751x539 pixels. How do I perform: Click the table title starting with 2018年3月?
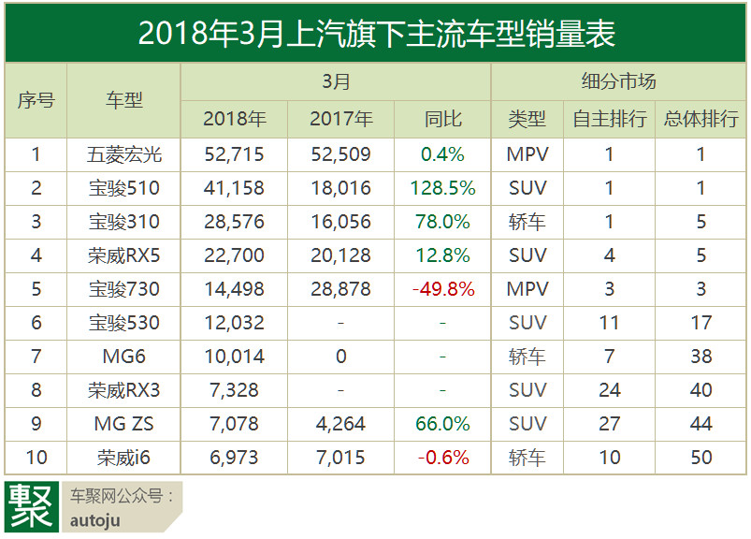(376, 34)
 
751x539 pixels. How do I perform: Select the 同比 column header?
(442, 120)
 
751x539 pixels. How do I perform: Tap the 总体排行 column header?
(700, 120)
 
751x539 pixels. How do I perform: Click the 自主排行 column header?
(610, 120)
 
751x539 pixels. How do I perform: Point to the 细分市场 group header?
(618, 82)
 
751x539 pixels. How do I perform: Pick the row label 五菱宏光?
(123, 154)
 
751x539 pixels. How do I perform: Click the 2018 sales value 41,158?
(234, 188)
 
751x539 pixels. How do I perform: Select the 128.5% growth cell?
(442, 188)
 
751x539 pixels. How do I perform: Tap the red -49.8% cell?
(442, 289)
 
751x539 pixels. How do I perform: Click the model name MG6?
(123, 357)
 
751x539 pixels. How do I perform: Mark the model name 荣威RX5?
(123, 255)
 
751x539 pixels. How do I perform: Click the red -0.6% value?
(442, 458)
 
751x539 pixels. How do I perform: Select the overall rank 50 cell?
(700, 458)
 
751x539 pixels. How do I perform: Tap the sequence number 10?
(36, 458)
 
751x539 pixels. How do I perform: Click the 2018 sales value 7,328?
(234, 390)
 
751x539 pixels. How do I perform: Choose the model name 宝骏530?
(123, 323)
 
